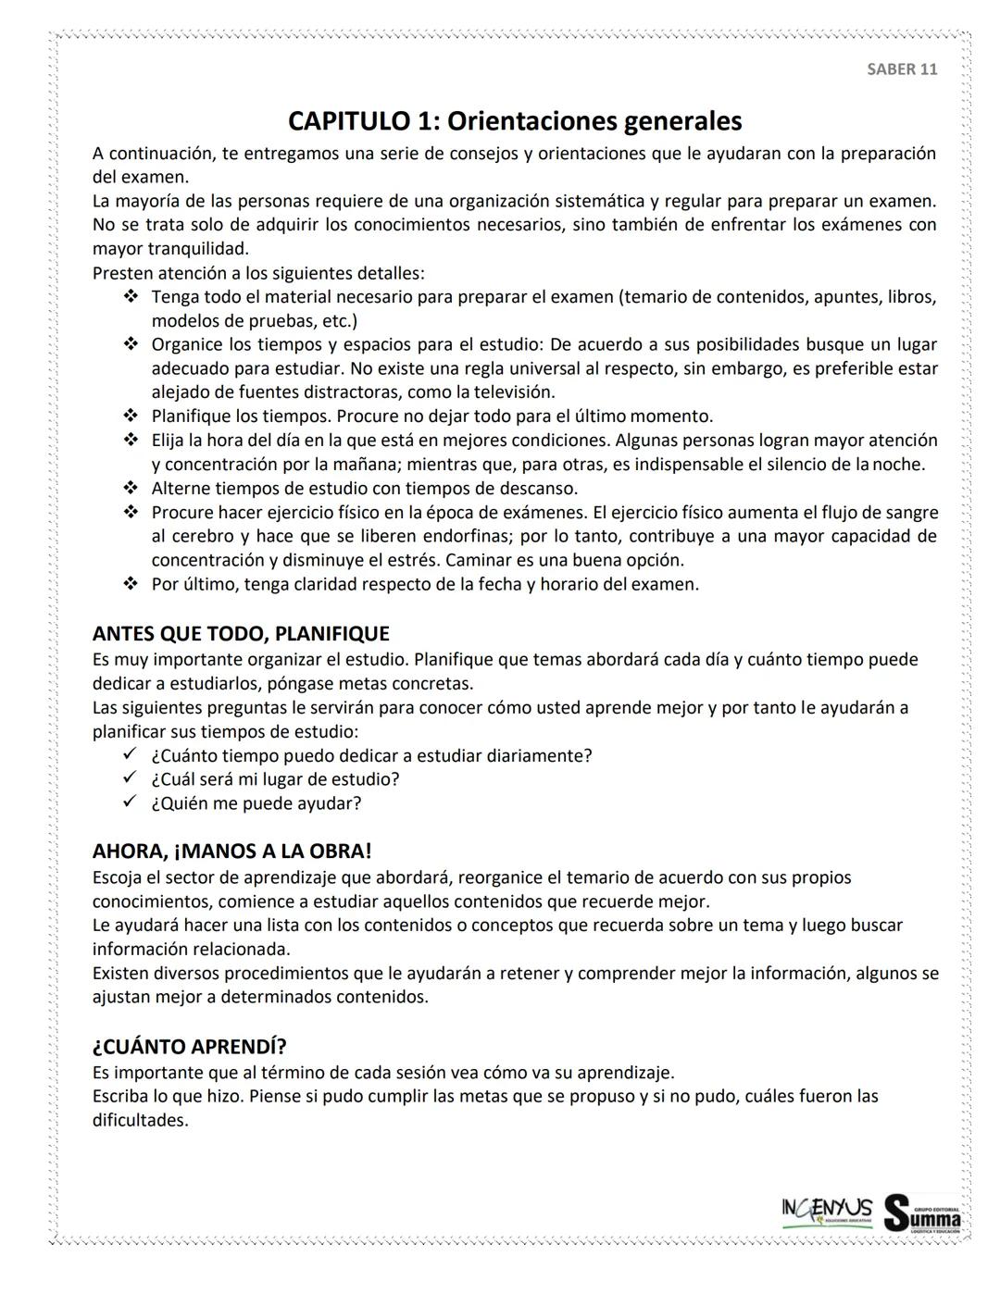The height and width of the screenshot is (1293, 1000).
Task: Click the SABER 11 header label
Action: [x=901, y=69]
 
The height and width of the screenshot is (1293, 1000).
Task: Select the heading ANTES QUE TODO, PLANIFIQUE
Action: [x=241, y=634]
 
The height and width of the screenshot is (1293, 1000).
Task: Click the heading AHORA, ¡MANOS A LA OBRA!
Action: [x=231, y=852]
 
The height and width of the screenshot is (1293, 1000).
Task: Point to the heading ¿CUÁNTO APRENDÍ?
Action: [x=189, y=1047]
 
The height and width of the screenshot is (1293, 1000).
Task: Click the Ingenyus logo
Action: [x=826, y=1212]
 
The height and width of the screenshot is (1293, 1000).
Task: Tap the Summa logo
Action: [x=922, y=1212]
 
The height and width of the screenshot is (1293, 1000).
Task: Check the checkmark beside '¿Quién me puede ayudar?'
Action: [x=131, y=802]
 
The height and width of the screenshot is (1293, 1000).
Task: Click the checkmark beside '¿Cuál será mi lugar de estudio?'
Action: [x=131, y=778]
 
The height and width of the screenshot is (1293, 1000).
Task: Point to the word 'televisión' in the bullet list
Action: [x=513, y=392]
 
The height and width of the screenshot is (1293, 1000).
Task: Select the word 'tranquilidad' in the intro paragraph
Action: [x=198, y=249]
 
